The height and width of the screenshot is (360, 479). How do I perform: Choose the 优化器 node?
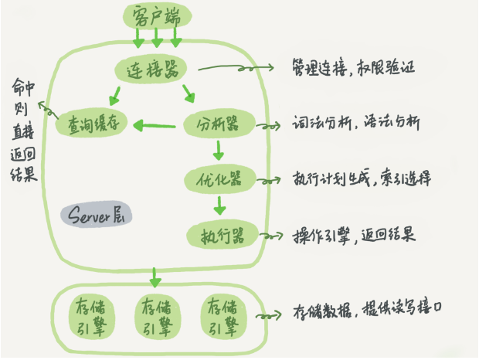pos(215,179)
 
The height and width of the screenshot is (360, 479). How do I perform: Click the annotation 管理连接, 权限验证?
pos(355,66)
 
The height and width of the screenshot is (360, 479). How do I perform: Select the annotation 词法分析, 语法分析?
pos(356,123)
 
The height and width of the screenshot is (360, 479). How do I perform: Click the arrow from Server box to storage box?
pos(156,274)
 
